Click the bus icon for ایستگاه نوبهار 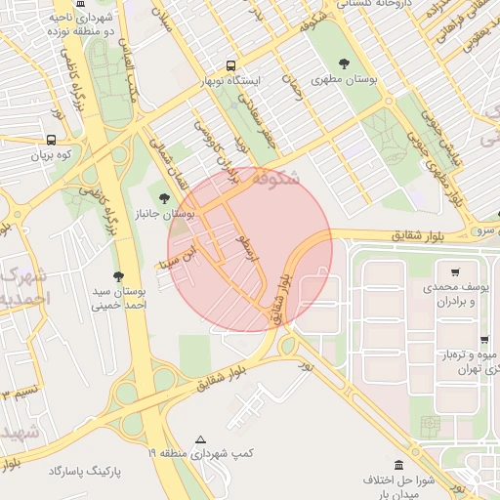pos(230,65)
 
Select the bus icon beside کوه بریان pos(51,139)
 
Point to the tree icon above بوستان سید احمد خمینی pos(119,276)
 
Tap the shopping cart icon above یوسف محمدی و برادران pos(455,272)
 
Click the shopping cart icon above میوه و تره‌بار pos(485,340)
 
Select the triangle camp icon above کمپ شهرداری pos(201,439)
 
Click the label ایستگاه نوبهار pos(231,81)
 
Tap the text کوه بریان pos(53,154)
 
